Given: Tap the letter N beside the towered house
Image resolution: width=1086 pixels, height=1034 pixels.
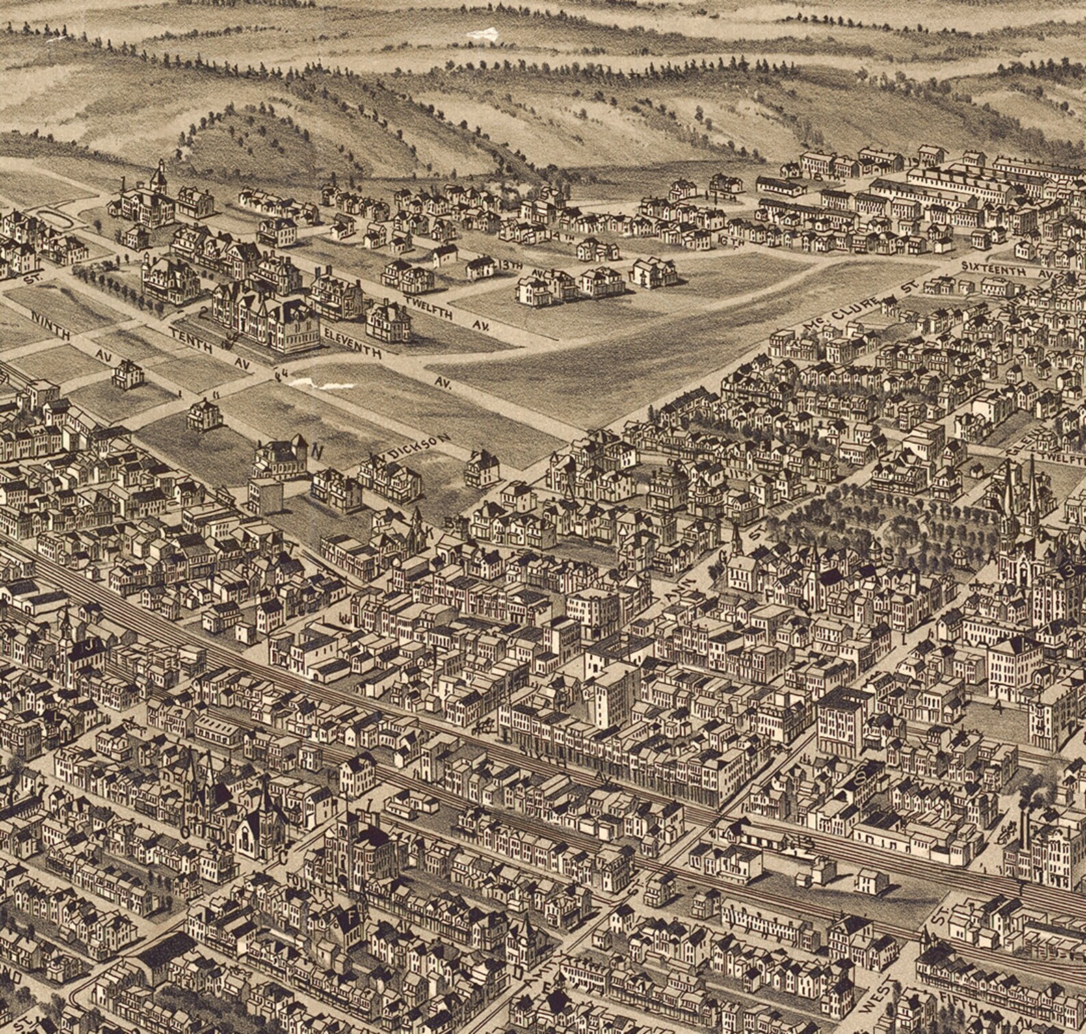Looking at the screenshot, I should [x=317, y=451].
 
